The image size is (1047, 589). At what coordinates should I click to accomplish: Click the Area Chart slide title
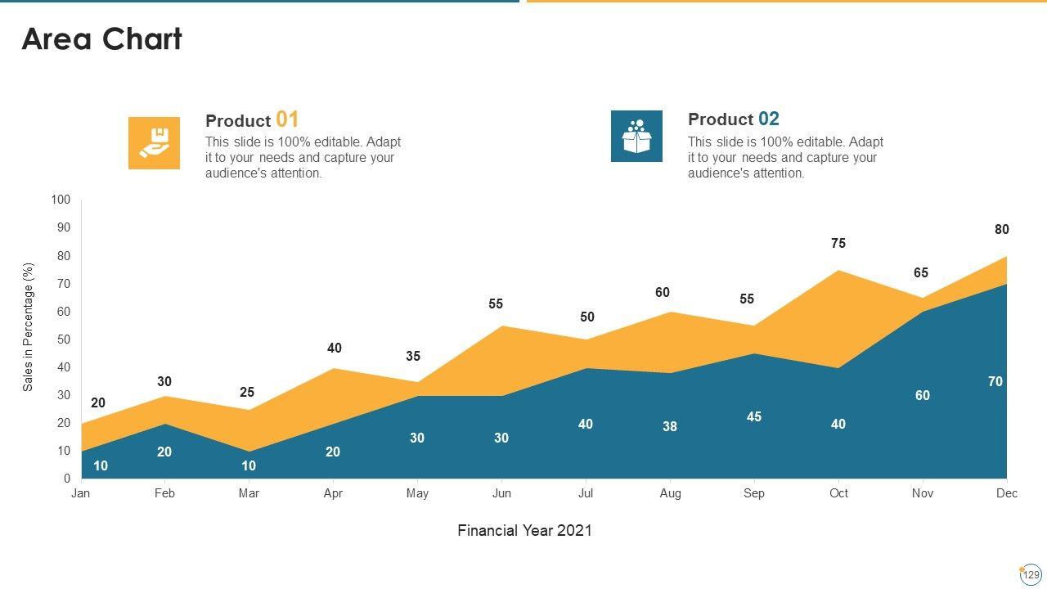(x=101, y=39)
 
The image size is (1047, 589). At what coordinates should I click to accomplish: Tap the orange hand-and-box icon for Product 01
(x=154, y=143)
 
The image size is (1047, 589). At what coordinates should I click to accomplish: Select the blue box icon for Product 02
(x=636, y=137)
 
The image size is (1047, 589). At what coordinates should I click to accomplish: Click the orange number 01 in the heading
(x=287, y=119)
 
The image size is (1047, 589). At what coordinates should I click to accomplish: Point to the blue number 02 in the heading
(x=768, y=119)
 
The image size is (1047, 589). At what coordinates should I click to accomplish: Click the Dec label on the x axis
(x=1007, y=493)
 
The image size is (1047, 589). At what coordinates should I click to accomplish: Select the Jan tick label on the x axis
(x=80, y=493)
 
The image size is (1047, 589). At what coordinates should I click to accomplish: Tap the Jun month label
(x=501, y=493)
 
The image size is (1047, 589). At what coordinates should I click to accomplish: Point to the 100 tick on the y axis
(x=61, y=200)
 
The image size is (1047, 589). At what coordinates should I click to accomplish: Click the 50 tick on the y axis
(x=64, y=339)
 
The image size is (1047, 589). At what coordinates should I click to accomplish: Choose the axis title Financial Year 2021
(x=524, y=530)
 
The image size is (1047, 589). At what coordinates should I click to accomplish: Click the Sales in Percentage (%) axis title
(x=29, y=327)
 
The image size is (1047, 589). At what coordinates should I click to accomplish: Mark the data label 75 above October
(x=838, y=243)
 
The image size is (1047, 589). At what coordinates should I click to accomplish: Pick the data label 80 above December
(x=1002, y=230)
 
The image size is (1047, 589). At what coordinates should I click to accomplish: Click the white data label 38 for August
(x=670, y=426)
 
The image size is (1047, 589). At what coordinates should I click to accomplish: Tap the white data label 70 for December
(x=995, y=381)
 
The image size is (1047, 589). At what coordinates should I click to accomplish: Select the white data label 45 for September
(x=754, y=416)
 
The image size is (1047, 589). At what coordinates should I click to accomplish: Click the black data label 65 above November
(x=921, y=273)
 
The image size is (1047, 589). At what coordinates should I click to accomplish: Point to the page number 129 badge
(x=1031, y=575)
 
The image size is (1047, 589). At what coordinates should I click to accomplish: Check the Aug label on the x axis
(x=670, y=493)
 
